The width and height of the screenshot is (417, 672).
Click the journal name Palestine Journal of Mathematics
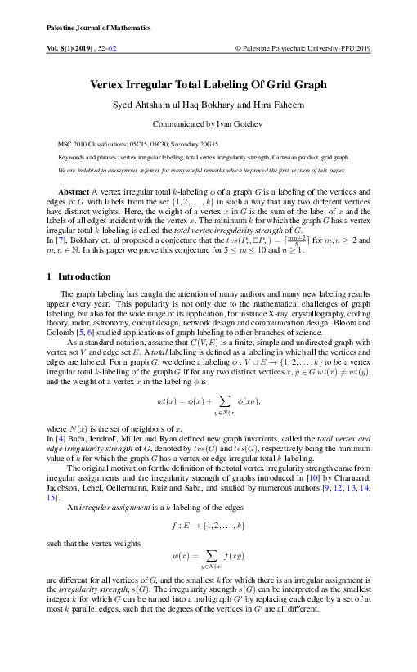pos(85,28)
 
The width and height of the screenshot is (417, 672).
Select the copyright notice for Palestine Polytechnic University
pos(303,49)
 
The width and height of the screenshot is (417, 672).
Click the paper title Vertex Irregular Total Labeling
pos(208,84)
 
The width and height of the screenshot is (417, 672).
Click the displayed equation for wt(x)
pos(208,403)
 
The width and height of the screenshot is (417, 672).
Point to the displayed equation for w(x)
pos(208,557)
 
